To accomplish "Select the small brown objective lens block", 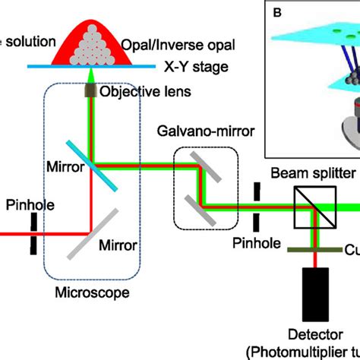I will [89, 93].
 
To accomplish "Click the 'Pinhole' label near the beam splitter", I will [259, 244].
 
